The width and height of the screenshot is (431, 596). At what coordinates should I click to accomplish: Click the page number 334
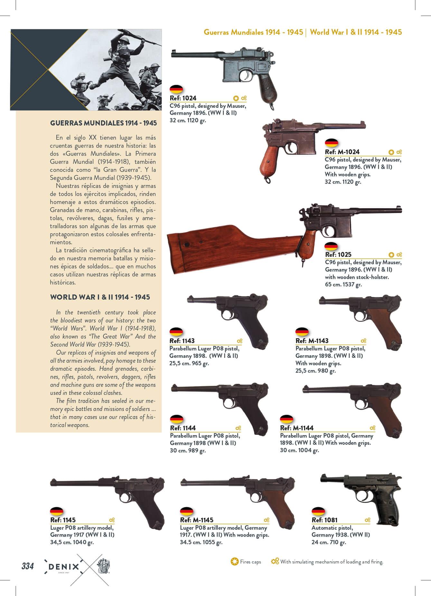pyautogui.click(x=27, y=566)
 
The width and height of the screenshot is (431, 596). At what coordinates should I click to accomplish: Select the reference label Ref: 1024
pyautogui.click(x=183, y=98)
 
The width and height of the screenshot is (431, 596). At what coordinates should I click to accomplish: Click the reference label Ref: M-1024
pyautogui.click(x=342, y=152)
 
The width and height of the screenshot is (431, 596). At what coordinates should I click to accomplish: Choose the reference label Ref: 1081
pyautogui.click(x=324, y=520)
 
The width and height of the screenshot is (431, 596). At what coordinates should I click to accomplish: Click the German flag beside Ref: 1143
pyautogui.click(x=176, y=332)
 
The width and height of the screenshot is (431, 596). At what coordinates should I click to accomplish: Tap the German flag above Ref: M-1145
pyautogui.click(x=186, y=511)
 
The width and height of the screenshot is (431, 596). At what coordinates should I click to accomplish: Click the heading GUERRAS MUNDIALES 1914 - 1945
pyautogui.click(x=103, y=123)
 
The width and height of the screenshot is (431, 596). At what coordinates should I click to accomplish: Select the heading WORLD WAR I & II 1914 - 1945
pyautogui.click(x=100, y=297)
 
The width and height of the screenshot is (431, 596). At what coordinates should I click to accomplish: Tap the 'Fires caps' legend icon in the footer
pyautogui.click(x=235, y=562)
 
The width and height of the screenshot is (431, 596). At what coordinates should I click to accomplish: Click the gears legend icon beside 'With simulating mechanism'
pyautogui.click(x=275, y=562)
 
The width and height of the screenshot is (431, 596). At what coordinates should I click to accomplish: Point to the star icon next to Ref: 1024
pyautogui.click(x=236, y=98)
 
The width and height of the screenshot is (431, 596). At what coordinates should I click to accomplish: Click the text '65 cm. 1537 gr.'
pyautogui.click(x=343, y=284)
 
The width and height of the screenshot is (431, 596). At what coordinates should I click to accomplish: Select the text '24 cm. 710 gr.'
pyautogui.click(x=329, y=542)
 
